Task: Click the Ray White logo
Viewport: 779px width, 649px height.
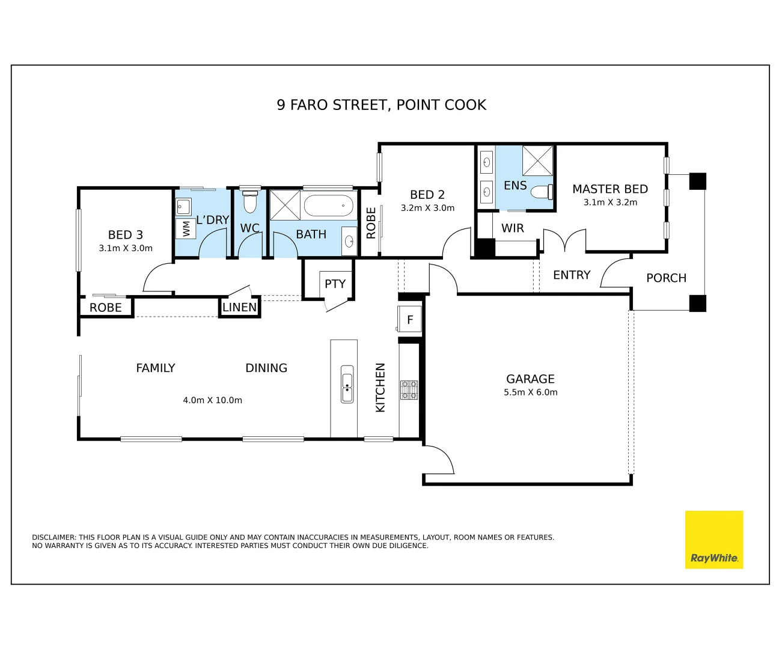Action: point(713,540)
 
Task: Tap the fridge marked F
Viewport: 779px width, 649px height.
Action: point(409,319)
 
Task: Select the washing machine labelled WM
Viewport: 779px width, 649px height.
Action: point(185,228)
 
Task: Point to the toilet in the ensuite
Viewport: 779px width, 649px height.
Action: point(542,192)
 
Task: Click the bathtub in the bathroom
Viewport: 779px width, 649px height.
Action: point(328,206)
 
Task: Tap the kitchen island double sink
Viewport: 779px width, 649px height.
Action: point(347,384)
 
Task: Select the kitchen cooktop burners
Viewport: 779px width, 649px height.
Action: point(409,390)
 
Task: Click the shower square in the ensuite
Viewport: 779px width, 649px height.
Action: point(537,161)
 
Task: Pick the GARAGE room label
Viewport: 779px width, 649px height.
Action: point(530,379)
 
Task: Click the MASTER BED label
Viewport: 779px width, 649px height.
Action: point(610,189)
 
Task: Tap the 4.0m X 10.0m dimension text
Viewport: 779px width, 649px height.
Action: point(212,400)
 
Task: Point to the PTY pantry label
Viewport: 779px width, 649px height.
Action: point(335,284)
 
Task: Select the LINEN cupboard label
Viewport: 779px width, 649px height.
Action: point(239,307)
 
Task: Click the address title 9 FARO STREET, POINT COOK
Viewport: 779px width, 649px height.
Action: point(381,105)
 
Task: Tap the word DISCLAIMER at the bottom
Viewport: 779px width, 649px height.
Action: point(54,537)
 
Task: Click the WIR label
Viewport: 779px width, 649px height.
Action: point(512,228)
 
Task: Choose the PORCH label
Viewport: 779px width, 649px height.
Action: point(667,278)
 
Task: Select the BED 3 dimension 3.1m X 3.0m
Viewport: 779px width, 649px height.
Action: point(126,248)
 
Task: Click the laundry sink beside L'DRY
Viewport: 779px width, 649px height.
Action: point(183,207)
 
